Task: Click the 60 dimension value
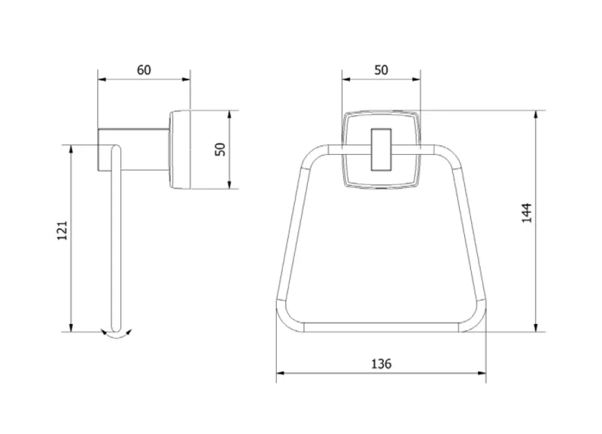[x=144, y=70]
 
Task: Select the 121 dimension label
[x=62, y=231]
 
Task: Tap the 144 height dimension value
[x=527, y=213]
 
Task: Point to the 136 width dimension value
[x=382, y=363]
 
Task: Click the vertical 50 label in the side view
[x=220, y=149]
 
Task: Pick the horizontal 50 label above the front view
[x=382, y=70]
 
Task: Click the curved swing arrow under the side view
[x=116, y=334]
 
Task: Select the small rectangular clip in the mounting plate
[x=381, y=149]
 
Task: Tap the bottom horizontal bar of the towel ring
[x=382, y=327]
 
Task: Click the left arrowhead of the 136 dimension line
[x=281, y=372]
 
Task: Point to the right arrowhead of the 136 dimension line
[x=482, y=372]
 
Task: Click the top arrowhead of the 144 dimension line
[x=536, y=115]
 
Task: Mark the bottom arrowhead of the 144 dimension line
[x=536, y=327]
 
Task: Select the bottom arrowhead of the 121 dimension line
[x=71, y=327]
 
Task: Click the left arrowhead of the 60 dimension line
[x=102, y=80]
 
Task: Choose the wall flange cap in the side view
[x=180, y=150]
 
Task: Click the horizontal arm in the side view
[x=133, y=150]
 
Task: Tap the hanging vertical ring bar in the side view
[x=116, y=238]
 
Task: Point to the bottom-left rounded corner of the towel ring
[x=289, y=317]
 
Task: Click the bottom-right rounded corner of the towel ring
[x=473, y=317]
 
